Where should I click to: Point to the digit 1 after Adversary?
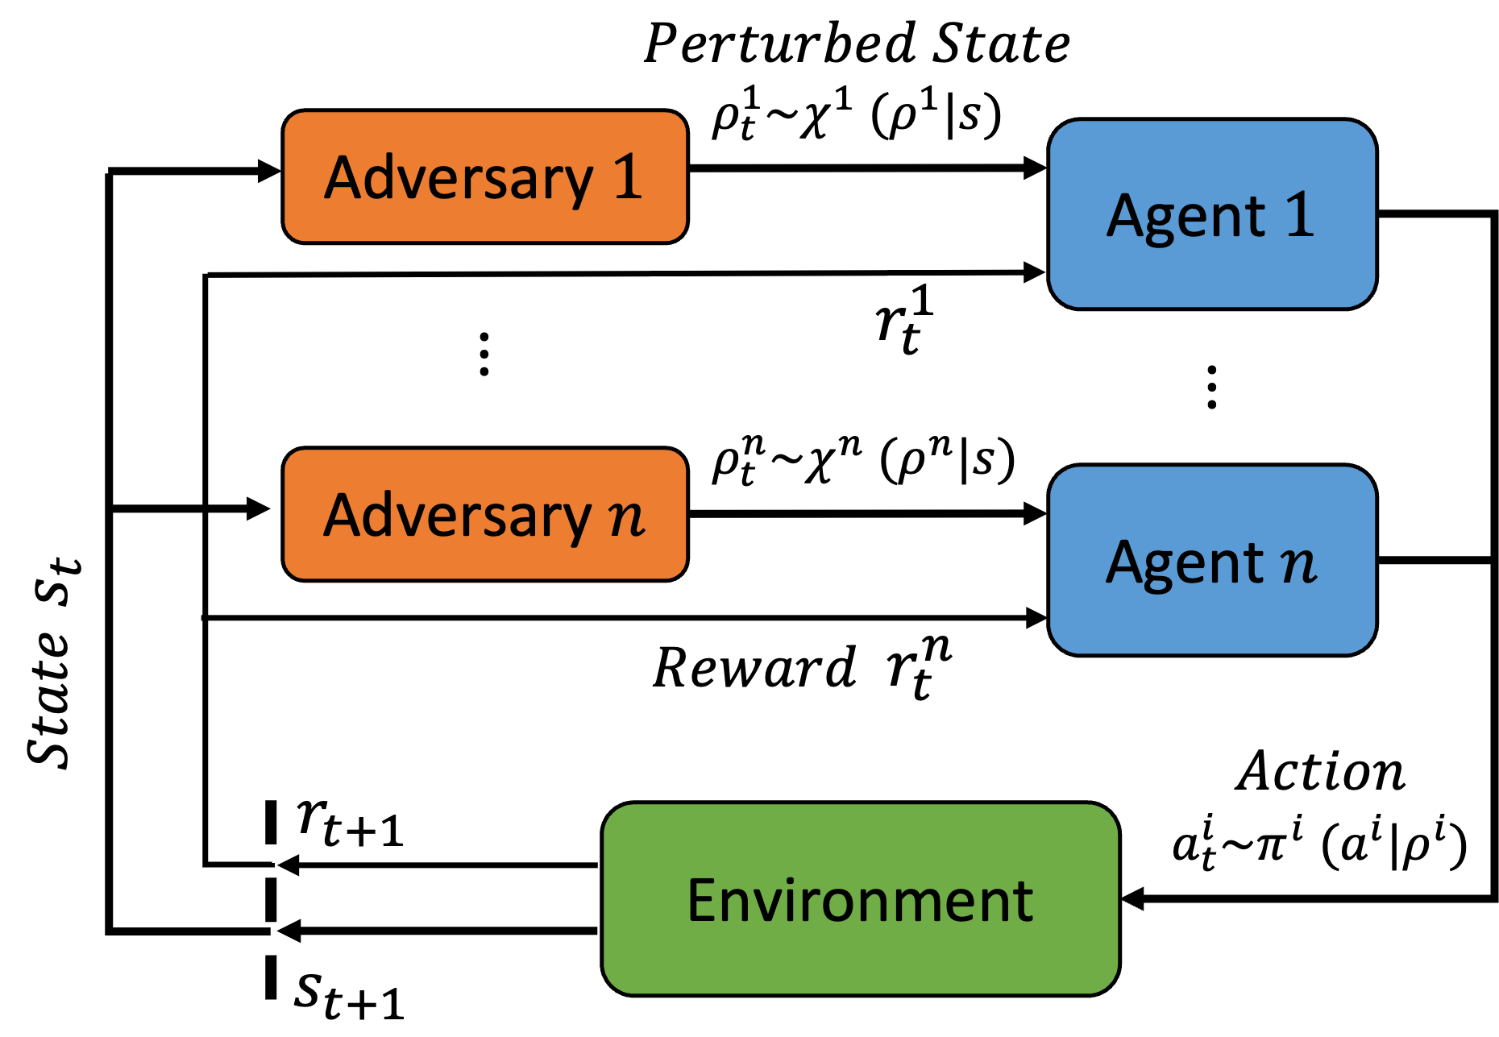[x=628, y=176]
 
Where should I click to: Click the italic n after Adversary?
[x=626, y=517]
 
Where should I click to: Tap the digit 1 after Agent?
[x=1299, y=215]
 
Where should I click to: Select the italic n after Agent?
[x=1298, y=564]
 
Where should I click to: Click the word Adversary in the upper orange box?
[x=458, y=178]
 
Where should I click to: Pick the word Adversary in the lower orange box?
[x=458, y=516]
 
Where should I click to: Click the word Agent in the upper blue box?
[x=1186, y=217]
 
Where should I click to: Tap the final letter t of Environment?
[x=1024, y=901]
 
